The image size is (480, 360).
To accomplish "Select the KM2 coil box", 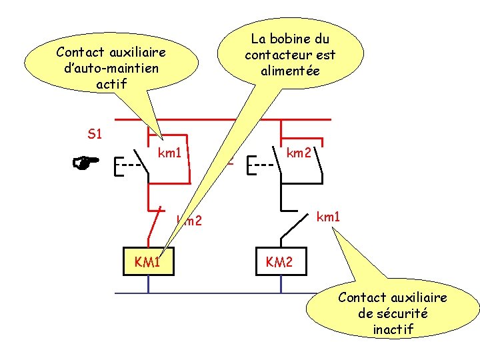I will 279,262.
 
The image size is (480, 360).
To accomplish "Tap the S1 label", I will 95,134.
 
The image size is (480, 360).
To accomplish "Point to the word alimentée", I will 291,71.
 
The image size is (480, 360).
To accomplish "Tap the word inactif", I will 393,329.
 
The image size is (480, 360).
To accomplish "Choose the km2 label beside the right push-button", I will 299,153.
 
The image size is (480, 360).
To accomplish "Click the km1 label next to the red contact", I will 170,153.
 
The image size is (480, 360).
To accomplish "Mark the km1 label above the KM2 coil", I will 328,217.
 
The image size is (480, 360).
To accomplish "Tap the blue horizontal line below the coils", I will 200,293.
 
